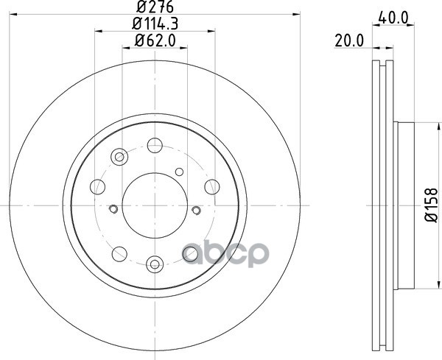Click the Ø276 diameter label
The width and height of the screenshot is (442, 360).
(155, 7)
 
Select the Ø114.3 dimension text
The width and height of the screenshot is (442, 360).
(155, 24)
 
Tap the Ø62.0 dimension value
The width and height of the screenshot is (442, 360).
(155, 40)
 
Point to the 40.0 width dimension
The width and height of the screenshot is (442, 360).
(393, 18)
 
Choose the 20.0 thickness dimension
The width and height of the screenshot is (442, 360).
(349, 41)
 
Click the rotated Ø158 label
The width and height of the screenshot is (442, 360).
(432, 205)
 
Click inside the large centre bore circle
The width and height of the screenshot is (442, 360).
(155, 205)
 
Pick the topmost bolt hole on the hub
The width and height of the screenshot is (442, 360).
(155, 145)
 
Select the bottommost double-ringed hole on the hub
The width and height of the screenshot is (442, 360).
(155, 264)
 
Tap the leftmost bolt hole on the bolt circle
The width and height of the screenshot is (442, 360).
(97, 187)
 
